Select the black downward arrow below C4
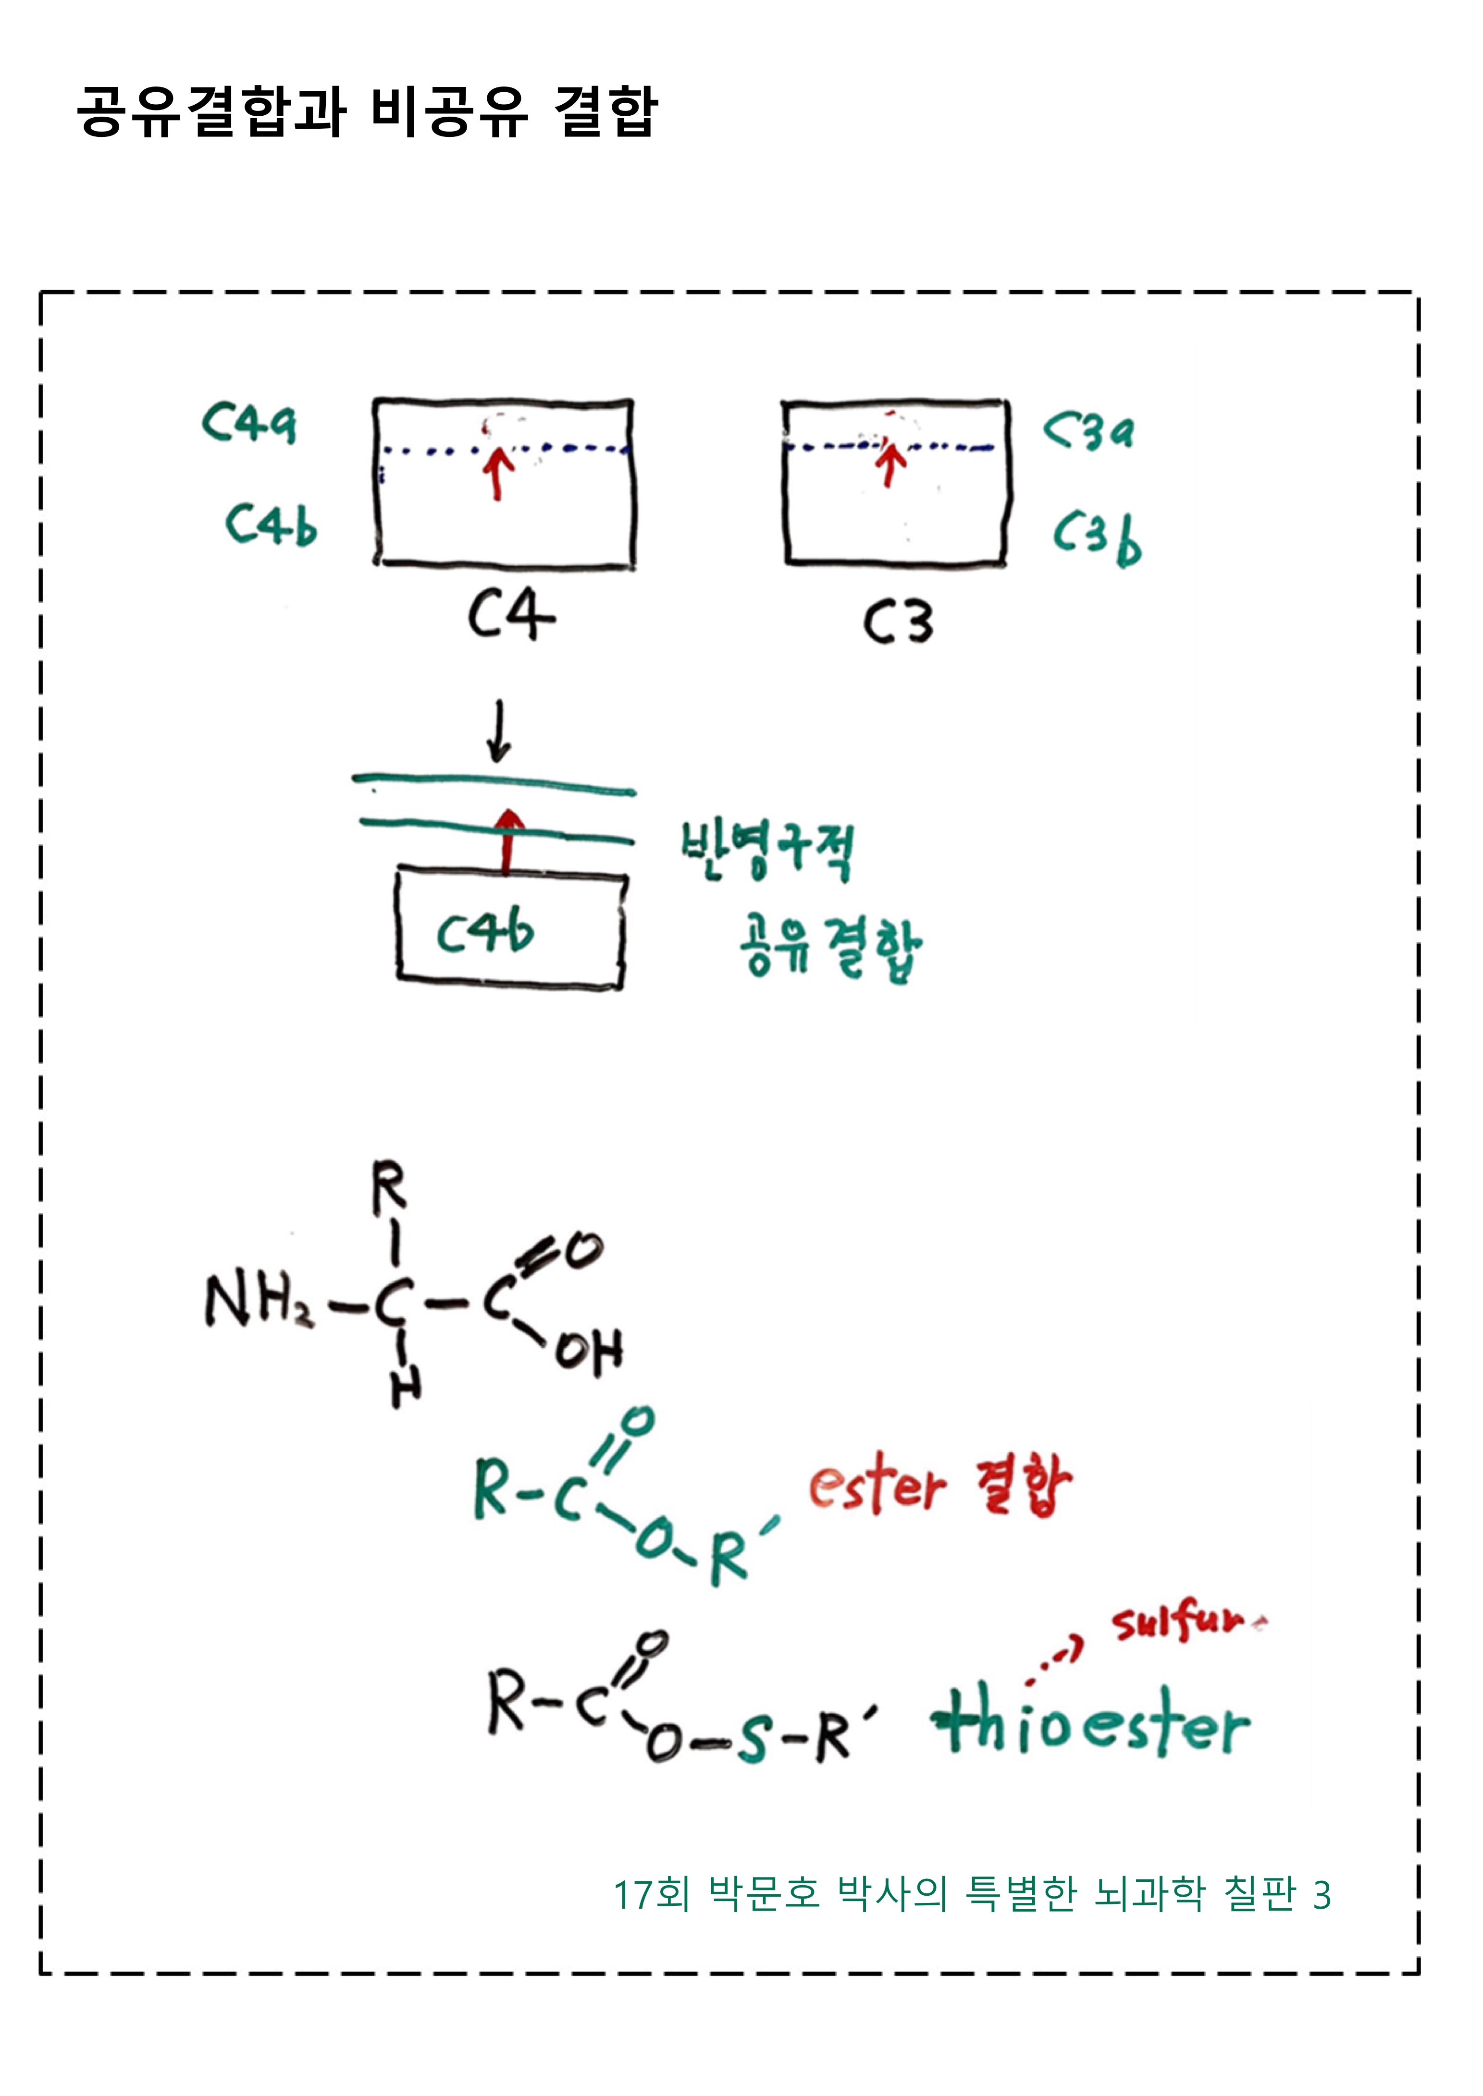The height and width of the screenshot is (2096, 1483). [x=499, y=731]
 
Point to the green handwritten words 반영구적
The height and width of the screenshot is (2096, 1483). [x=767, y=849]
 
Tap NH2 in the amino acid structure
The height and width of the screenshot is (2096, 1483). [x=259, y=1300]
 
